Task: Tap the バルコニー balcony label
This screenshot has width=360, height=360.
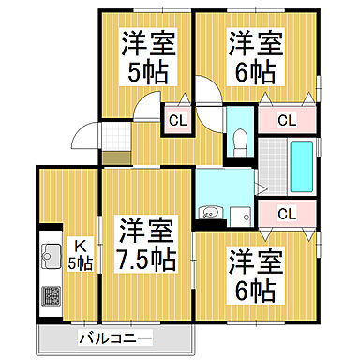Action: [x=114, y=337]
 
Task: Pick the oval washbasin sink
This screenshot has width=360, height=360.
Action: [x=212, y=213]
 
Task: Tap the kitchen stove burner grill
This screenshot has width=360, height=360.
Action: [x=49, y=297]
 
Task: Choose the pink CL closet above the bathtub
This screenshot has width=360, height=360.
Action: [x=287, y=120]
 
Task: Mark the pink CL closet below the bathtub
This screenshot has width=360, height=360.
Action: [x=287, y=213]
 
